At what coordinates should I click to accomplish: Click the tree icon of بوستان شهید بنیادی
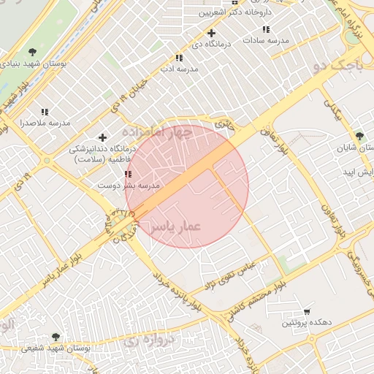(31, 51)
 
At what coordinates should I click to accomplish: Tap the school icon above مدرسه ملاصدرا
(45, 112)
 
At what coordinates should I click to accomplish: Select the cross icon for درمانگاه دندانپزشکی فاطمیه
(102, 137)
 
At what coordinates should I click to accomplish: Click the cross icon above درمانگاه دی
(211, 33)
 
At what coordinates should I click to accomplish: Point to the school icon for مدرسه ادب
(178, 58)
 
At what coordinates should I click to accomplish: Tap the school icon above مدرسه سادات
(266, 29)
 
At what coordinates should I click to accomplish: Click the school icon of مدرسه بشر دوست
(129, 175)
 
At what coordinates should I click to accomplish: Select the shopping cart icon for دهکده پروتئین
(307, 311)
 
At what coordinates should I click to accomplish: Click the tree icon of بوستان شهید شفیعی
(56, 337)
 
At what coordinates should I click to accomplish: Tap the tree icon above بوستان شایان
(359, 136)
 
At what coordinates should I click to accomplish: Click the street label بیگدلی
(334, 108)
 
